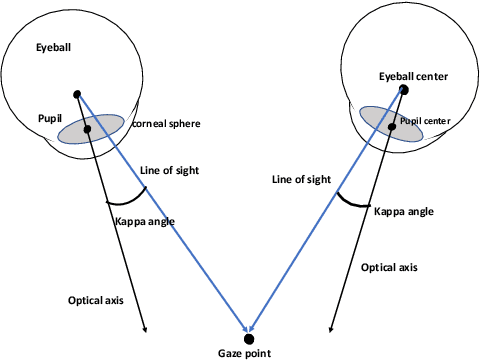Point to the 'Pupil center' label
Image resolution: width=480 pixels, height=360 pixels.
[427, 121]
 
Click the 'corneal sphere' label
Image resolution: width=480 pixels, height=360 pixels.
[167, 124]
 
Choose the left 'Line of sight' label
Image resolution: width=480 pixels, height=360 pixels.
[170, 171]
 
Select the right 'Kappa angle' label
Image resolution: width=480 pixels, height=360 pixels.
[404, 212]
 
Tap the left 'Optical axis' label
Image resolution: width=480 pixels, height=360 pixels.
[96, 301]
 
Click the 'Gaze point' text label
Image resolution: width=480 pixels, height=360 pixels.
[244, 352]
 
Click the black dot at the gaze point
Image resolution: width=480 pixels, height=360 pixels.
[248, 336]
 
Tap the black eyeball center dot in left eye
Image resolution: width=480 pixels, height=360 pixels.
[77, 94]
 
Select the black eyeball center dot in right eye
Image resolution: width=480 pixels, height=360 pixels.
[404, 90]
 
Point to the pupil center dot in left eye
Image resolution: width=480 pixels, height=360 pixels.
[88, 129]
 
